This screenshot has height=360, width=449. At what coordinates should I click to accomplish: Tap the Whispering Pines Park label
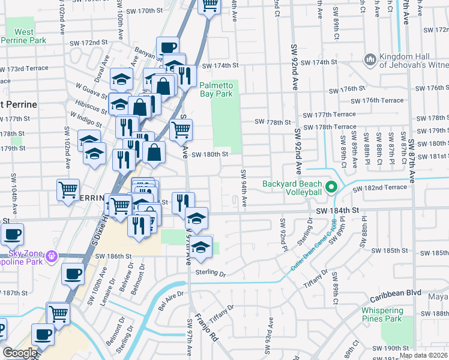coord(387,314)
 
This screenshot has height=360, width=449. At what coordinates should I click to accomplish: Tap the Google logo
coord(20,353)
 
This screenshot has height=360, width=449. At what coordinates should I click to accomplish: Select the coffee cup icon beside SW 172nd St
coord(168,47)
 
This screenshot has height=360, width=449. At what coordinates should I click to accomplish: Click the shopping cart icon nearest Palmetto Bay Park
coord(181,130)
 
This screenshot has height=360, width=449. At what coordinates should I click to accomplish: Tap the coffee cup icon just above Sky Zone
coord(12,234)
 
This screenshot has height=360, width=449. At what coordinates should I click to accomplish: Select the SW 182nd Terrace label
coord(380,188)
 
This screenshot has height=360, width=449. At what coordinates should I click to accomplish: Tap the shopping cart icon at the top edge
coord(209,6)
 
